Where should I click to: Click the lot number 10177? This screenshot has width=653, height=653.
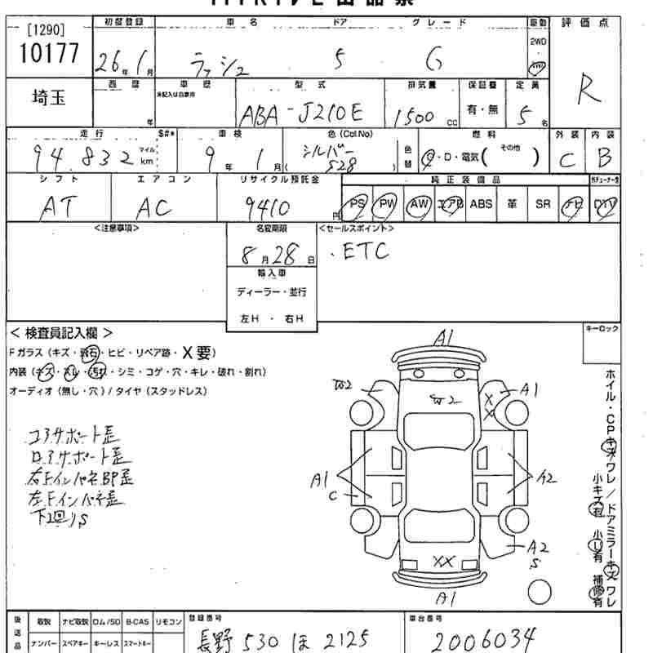(x=48, y=53)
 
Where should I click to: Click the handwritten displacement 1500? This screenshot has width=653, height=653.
(x=414, y=116)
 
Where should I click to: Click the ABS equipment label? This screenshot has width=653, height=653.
(x=481, y=204)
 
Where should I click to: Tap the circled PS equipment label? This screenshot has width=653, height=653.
(x=357, y=204)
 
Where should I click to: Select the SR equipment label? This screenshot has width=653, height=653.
(x=543, y=204)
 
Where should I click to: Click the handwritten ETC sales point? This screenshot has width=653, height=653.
(x=359, y=251)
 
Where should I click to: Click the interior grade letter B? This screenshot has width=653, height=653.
(x=603, y=158)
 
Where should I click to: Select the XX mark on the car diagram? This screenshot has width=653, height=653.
(x=442, y=561)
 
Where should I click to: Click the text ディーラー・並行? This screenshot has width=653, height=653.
(x=272, y=291)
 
